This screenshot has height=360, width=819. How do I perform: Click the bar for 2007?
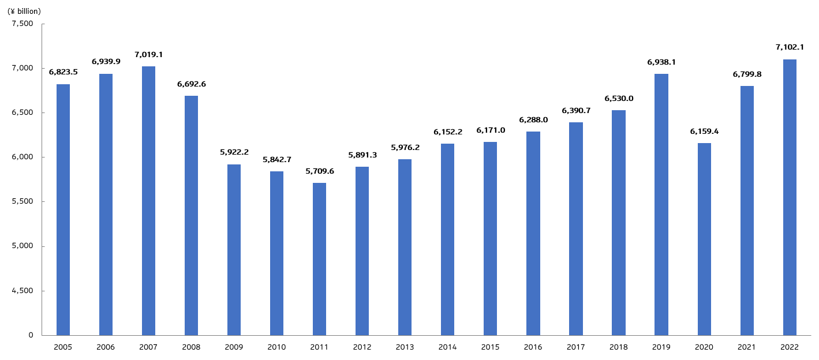(x=148, y=201)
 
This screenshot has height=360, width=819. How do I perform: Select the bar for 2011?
(x=319, y=259)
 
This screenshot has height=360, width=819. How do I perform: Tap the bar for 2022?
(x=790, y=197)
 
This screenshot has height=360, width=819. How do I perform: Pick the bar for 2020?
(x=704, y=239)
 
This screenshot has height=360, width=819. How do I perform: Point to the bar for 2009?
(x=234, y=250)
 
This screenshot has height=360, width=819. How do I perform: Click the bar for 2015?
(x=490, y=238)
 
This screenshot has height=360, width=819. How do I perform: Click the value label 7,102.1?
(x=790, y=47)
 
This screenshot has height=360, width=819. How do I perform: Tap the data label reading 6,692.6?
(x=191, y=84)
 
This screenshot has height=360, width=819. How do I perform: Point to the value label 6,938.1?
(x=661, y=62)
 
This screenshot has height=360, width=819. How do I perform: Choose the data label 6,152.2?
(x=447, y=132)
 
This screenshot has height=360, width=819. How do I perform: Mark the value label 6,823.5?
(x=63, y=72)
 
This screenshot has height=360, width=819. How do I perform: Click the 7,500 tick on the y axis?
(x=23, y=24)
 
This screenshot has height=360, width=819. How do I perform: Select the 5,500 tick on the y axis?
(x=23, y=202)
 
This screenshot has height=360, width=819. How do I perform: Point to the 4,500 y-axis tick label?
(x=23, y=291)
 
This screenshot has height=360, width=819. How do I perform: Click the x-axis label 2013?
(x=405, y=347)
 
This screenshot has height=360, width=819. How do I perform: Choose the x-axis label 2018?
(x=619, y=347)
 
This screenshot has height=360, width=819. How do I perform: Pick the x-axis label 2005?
(x=63, y=347)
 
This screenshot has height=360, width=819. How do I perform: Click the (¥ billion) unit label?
(x=24, y=11)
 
